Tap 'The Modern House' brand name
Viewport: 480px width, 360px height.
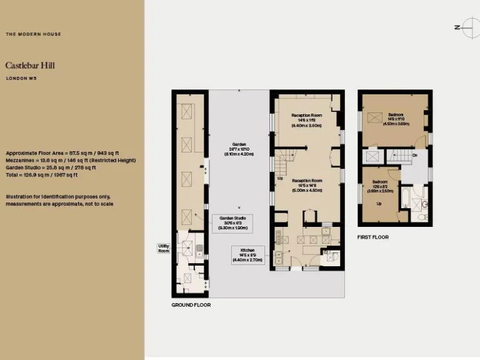click(x=33, y=34)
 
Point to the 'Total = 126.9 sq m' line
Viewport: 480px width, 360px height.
click(x=41, y=175)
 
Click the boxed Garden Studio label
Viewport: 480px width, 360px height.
click(x=232, y=223)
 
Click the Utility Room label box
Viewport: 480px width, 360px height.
click(x=164, y=248)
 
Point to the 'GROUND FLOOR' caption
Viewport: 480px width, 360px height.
click(x=191, y=305)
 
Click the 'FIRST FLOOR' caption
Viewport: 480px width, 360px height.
click(x=373, y=237)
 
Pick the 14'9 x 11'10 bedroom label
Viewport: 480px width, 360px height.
click(x=396, y=119)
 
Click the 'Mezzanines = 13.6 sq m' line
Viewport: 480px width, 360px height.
click(x=71, y=160)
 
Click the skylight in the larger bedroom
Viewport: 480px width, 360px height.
click(x=374, y=117)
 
